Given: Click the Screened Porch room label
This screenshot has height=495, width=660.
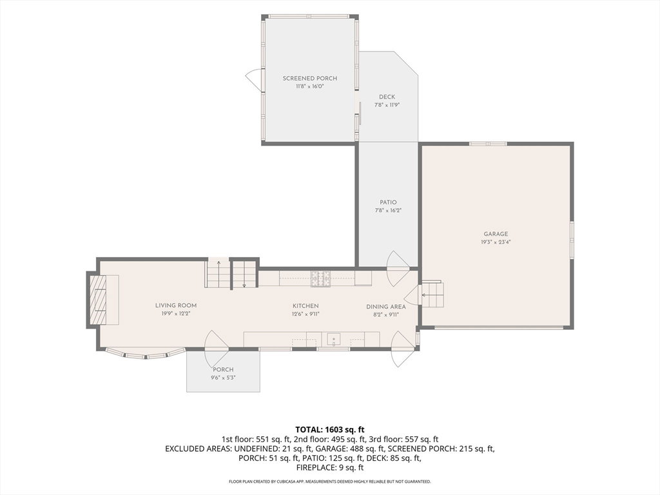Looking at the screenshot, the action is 310,78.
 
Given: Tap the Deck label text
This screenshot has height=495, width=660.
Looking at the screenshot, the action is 387,97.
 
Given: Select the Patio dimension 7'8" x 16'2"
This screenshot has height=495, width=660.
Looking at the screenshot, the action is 387,211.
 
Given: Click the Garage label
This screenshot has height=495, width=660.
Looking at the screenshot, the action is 496,234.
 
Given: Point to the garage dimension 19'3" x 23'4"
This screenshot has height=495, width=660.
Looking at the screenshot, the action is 496,242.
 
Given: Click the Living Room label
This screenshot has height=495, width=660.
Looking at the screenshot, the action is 176,306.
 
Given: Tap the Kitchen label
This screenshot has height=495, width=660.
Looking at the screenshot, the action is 306,306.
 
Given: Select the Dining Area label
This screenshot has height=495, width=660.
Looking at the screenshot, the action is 386,307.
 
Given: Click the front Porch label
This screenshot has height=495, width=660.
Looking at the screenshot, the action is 223,369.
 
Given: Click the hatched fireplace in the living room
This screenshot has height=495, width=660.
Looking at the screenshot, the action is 98,300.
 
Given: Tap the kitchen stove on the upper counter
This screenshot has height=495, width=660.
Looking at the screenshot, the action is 321,278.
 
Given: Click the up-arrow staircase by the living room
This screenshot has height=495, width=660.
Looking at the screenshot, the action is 218,274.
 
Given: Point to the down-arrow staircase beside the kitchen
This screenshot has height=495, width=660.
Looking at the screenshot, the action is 245,274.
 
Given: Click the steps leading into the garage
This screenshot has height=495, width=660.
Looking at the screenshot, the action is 432,295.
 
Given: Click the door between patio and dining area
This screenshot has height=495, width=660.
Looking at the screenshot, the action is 397,262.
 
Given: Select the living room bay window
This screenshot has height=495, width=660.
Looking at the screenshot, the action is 145,354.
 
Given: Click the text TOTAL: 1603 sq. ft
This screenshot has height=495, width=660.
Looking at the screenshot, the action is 330,430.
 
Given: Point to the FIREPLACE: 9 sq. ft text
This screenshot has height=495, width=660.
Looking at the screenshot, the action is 330,468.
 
